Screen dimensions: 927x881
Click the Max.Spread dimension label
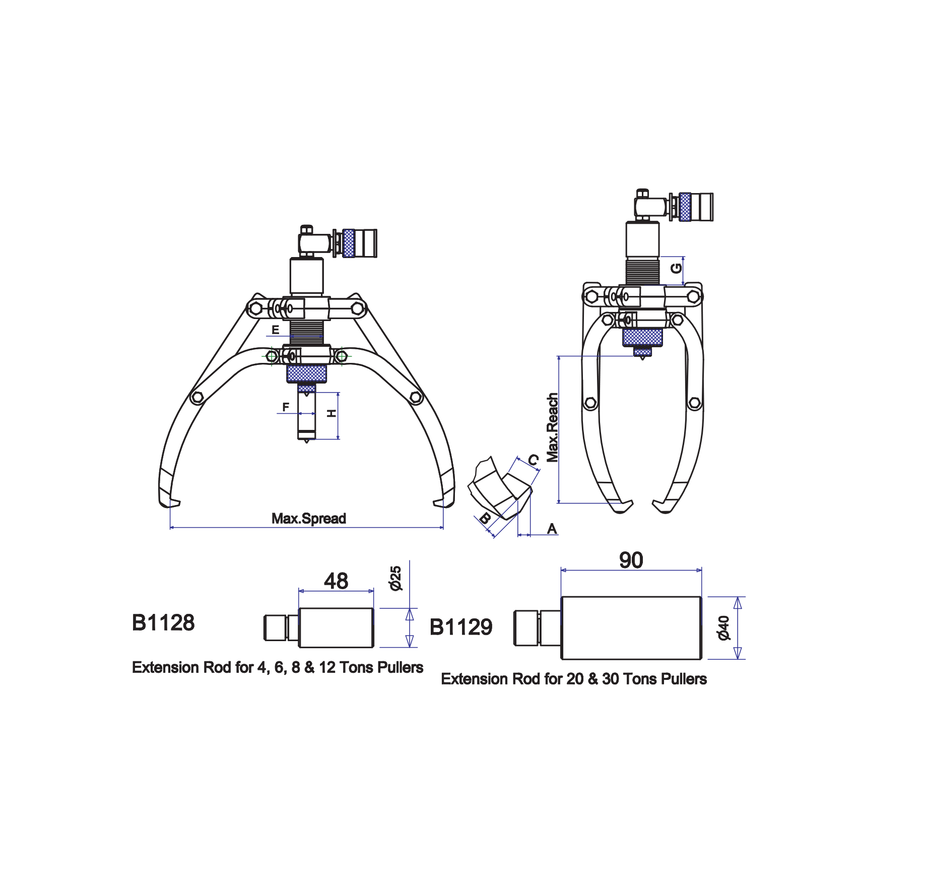click(x=309, y=519)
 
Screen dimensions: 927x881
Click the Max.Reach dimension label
click(x=553, y=427)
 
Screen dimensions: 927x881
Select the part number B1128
click(x=163, y=623)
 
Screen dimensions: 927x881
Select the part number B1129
click(x=461, y=627)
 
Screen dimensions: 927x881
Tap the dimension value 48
click(x=336, y=581)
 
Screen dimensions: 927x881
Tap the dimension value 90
click(x=631, y=560)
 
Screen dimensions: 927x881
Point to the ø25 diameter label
click(x=395, y=578)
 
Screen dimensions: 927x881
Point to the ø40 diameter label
click(x=723, y=628)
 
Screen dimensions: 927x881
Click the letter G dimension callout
click(x=676, y=268)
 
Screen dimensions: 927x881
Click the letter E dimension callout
click(x=276, y=330)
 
